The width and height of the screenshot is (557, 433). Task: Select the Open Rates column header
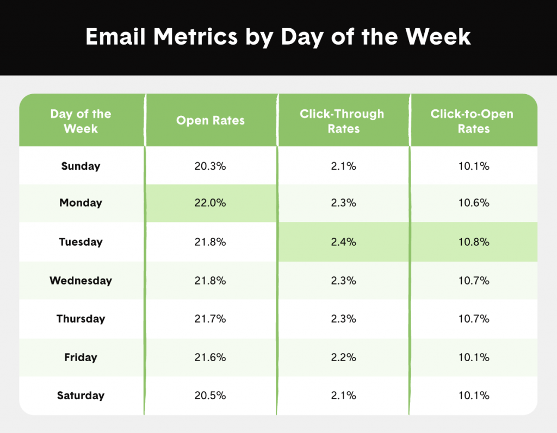[211, 121]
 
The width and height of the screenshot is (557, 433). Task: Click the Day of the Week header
[81, 121]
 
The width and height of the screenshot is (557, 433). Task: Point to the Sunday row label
[81, 166]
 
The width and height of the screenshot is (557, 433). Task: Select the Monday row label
[81, 203]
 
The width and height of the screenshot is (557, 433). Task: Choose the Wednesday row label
[81, 281]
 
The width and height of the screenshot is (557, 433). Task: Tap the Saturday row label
[81, 395]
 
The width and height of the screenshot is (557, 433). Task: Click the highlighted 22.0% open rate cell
[211, 203]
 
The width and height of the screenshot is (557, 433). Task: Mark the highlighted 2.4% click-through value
[344, 242]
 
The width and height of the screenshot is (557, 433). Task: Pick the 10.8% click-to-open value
[474, 242]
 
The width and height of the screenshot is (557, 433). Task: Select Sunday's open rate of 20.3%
[211, 166]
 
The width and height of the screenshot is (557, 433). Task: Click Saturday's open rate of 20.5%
[211, 395]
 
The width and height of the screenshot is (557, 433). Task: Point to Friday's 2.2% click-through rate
[344, 357]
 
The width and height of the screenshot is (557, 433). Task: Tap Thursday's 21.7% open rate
[211, 319]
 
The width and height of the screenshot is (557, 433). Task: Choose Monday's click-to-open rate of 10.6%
[474, 203]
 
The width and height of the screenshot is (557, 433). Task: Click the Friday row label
[81, 357]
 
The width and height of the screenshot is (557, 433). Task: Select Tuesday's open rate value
[211, 242]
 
